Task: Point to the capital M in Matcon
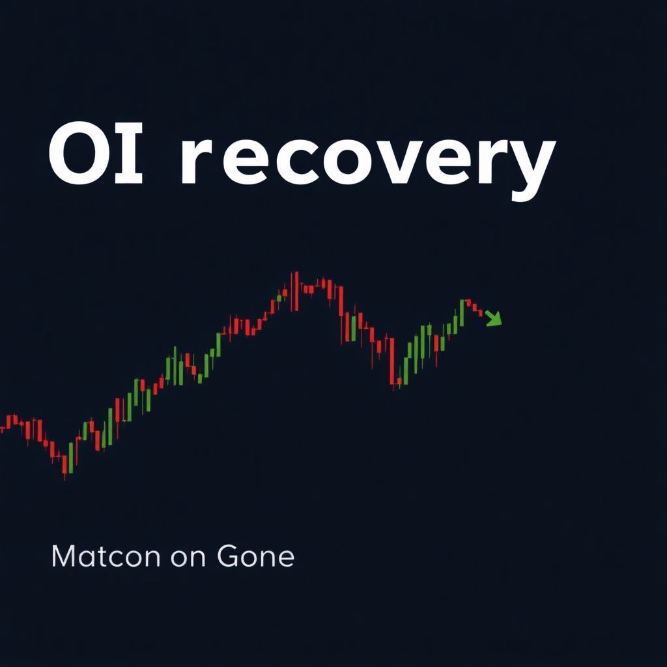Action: (63, 558)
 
